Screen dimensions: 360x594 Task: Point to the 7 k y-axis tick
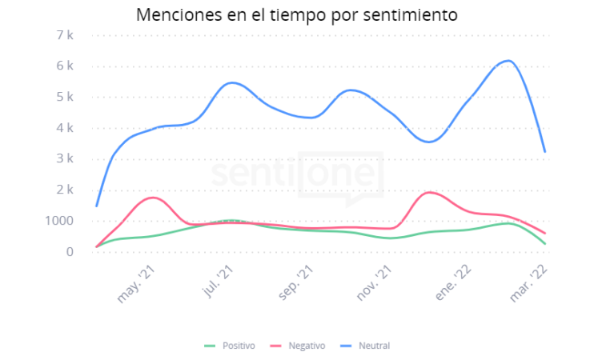[65, 35]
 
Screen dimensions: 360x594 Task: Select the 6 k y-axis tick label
[65, 66]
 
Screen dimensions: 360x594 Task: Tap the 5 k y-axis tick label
[65, 97]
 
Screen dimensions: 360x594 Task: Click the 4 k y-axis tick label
[65, 128]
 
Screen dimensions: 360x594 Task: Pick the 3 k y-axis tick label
[65, 158]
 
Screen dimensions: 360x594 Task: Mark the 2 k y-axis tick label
[65, 190]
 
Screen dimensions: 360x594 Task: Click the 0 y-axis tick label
[70, 252]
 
